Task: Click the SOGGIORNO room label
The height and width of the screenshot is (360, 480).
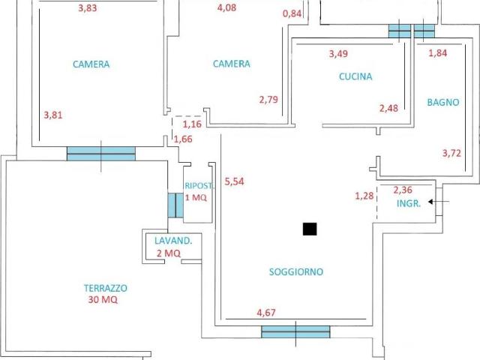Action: click(296, 271)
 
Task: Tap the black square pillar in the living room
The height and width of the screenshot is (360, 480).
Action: click(310, 229)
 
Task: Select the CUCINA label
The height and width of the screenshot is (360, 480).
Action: click(355, 76)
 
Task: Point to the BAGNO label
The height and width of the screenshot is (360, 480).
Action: click(443, 102)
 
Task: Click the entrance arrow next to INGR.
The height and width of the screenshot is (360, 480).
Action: click(439, 202)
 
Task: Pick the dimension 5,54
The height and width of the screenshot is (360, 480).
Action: click(234, 181)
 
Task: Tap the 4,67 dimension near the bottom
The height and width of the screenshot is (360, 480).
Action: click(266, 313)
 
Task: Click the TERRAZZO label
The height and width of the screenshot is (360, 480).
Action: click(106, 288)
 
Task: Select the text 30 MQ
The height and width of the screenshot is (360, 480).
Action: click(103, 299)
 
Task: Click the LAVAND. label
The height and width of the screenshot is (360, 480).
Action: click(173, 241)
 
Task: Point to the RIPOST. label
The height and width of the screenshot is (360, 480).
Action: click(199, 185)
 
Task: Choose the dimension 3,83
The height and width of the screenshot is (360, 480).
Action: click(88, 8)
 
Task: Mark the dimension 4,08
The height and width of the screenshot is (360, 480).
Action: click(226, 7)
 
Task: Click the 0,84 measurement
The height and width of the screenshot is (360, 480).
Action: click(292, 13)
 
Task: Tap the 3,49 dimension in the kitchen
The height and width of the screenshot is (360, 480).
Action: click(338, 53)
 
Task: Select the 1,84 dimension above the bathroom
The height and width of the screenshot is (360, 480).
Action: click(437, 53)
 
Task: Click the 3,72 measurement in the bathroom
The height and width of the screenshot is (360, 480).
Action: click(451, 153)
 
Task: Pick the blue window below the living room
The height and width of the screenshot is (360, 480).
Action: click(295, 331)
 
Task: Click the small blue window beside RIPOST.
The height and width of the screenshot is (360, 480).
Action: click(175, 205)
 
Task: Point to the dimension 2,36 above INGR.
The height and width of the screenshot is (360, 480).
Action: click(403, 190)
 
